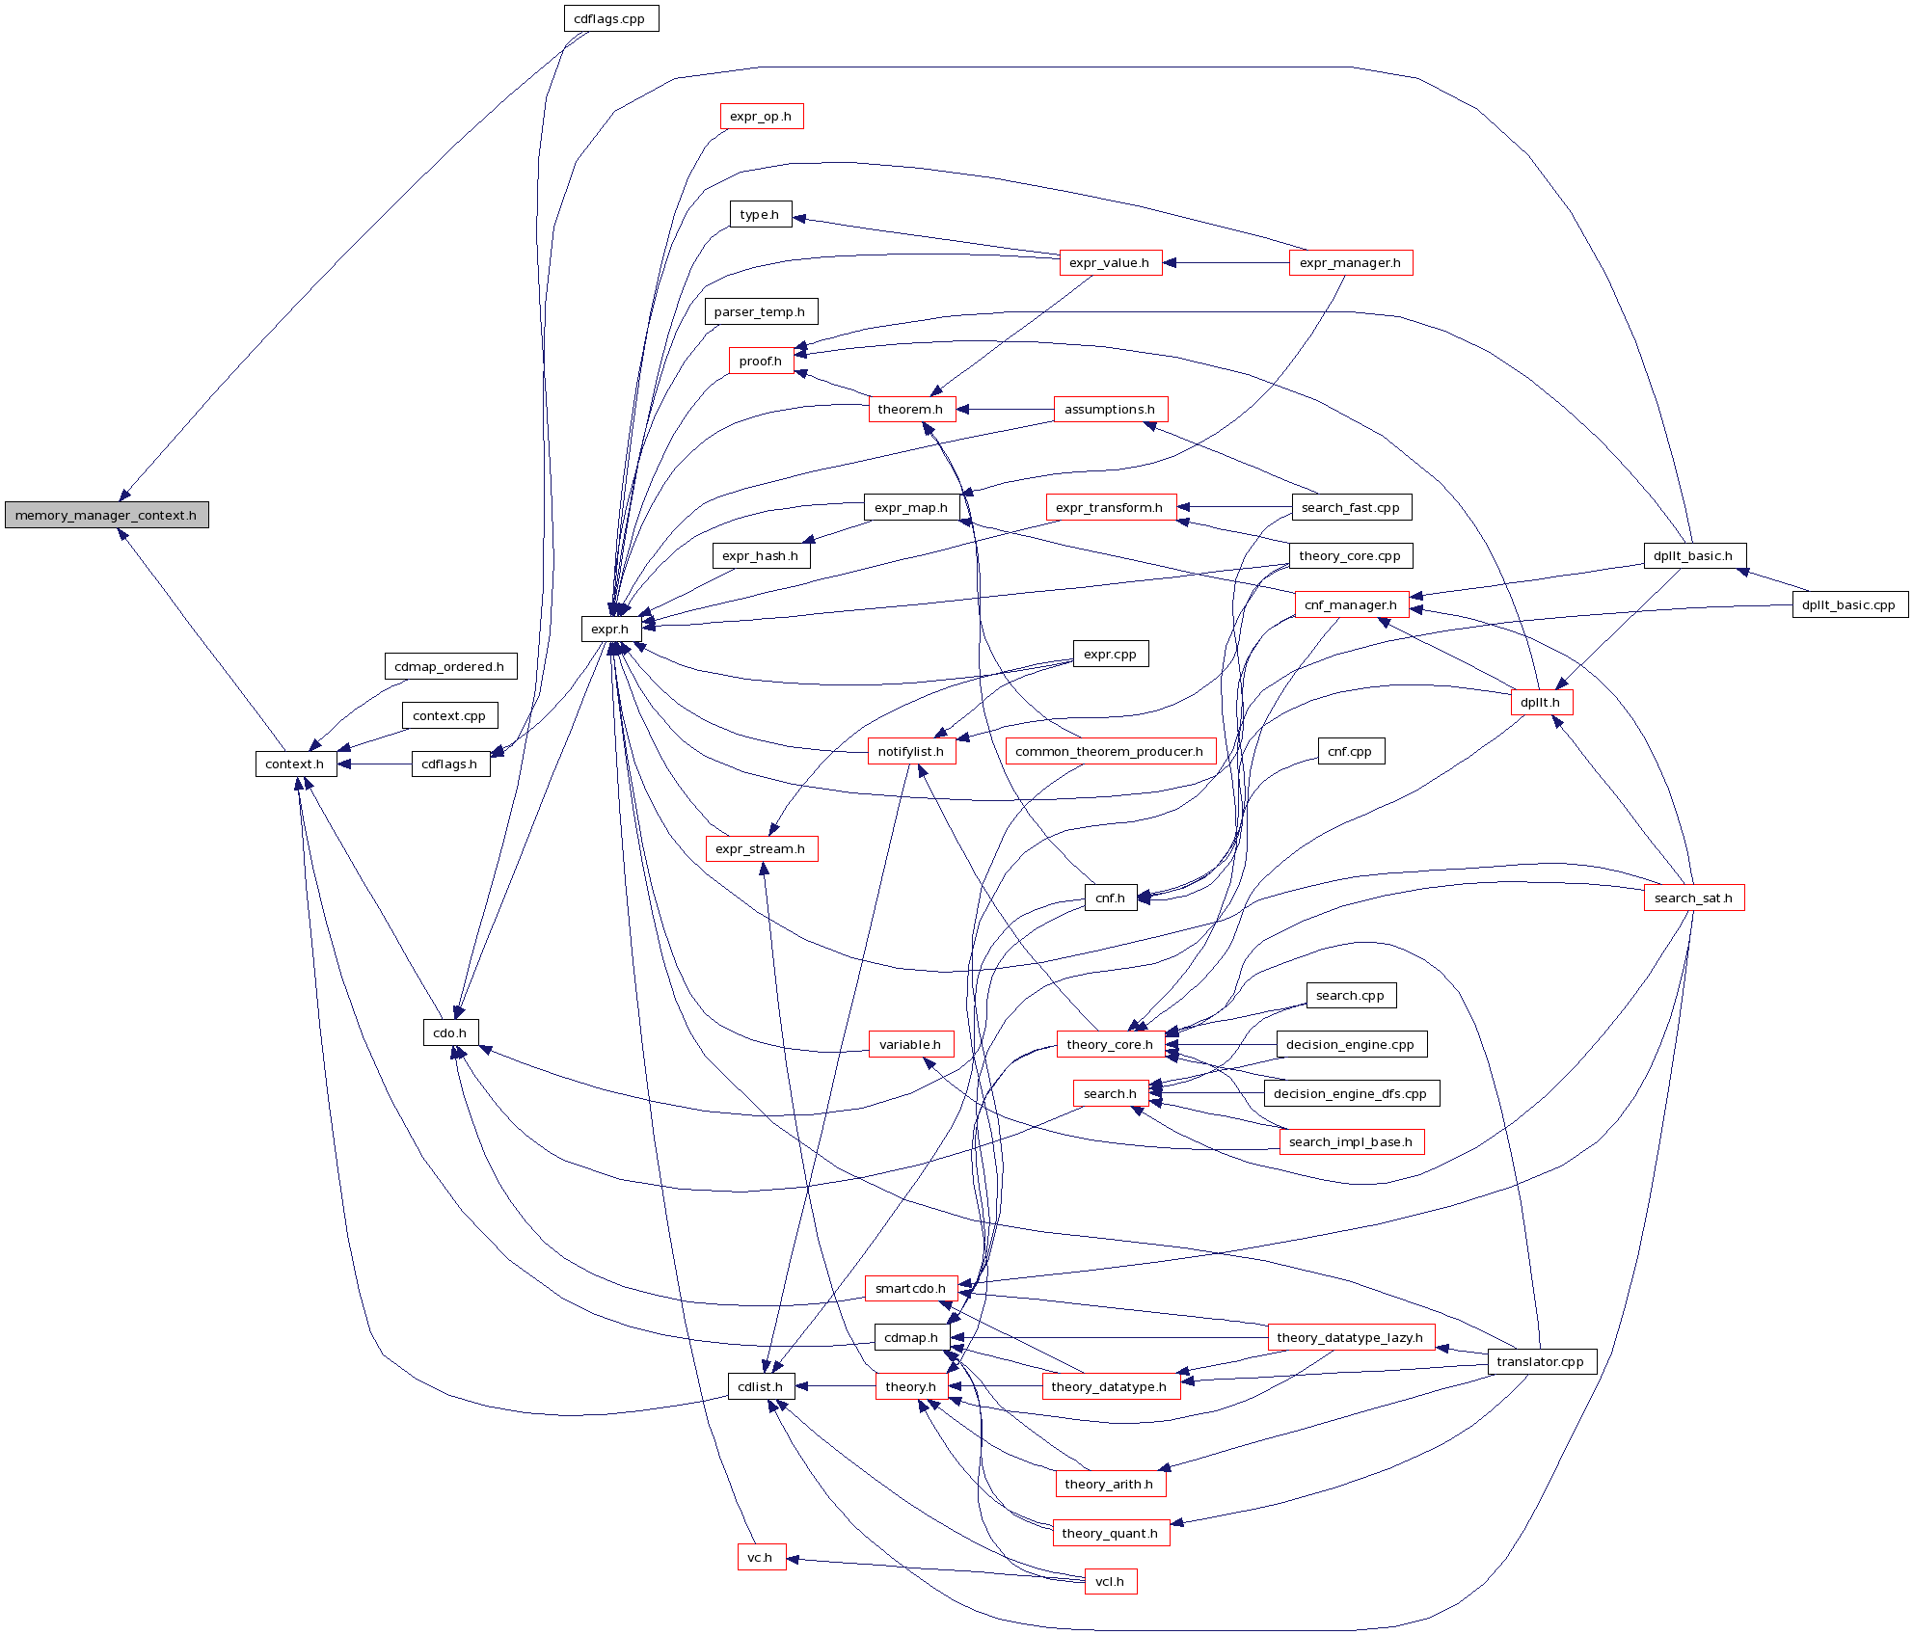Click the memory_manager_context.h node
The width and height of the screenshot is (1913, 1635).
click(106, 515)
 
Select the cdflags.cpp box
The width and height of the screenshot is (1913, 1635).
click(610, 18)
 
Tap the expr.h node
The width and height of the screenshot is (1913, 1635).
click(609, 629)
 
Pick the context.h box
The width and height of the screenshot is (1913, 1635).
click(295, 764)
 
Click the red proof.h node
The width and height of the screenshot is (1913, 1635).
click(761, 361)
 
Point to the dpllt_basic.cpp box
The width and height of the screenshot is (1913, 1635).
click(1849, 604)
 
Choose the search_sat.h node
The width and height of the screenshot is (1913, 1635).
click(1693, 898)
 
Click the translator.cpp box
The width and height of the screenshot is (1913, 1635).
click(1541, 1361)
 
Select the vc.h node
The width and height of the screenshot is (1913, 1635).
click(761, 1557)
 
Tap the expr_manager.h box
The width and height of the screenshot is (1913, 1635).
click(1350, 262)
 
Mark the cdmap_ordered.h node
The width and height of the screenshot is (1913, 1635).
click(449, 666)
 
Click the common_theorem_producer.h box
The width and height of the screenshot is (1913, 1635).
click(1110, 751)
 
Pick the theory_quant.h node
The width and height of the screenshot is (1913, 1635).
click(1110, 1533)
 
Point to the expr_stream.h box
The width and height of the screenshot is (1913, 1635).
click(761, 848)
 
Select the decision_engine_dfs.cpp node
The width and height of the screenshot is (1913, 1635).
click(1350, 1093)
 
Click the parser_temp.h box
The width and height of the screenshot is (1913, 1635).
click(760, 311)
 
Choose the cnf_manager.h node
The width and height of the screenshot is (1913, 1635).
click(1351, 604)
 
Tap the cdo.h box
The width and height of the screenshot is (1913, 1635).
click(450, 1032)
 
